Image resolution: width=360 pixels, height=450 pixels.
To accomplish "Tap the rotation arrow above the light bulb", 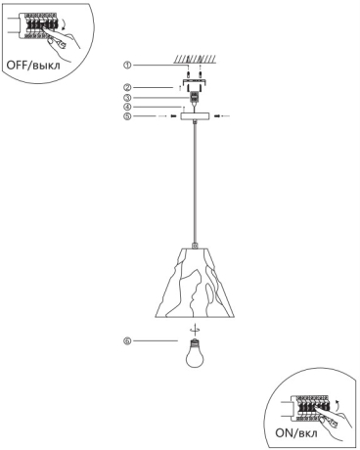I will click(x=194, y=329).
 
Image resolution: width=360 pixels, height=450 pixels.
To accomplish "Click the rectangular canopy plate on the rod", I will click(x=194, y=116).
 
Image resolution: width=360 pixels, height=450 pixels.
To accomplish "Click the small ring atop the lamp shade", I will click(x=194, y=244).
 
